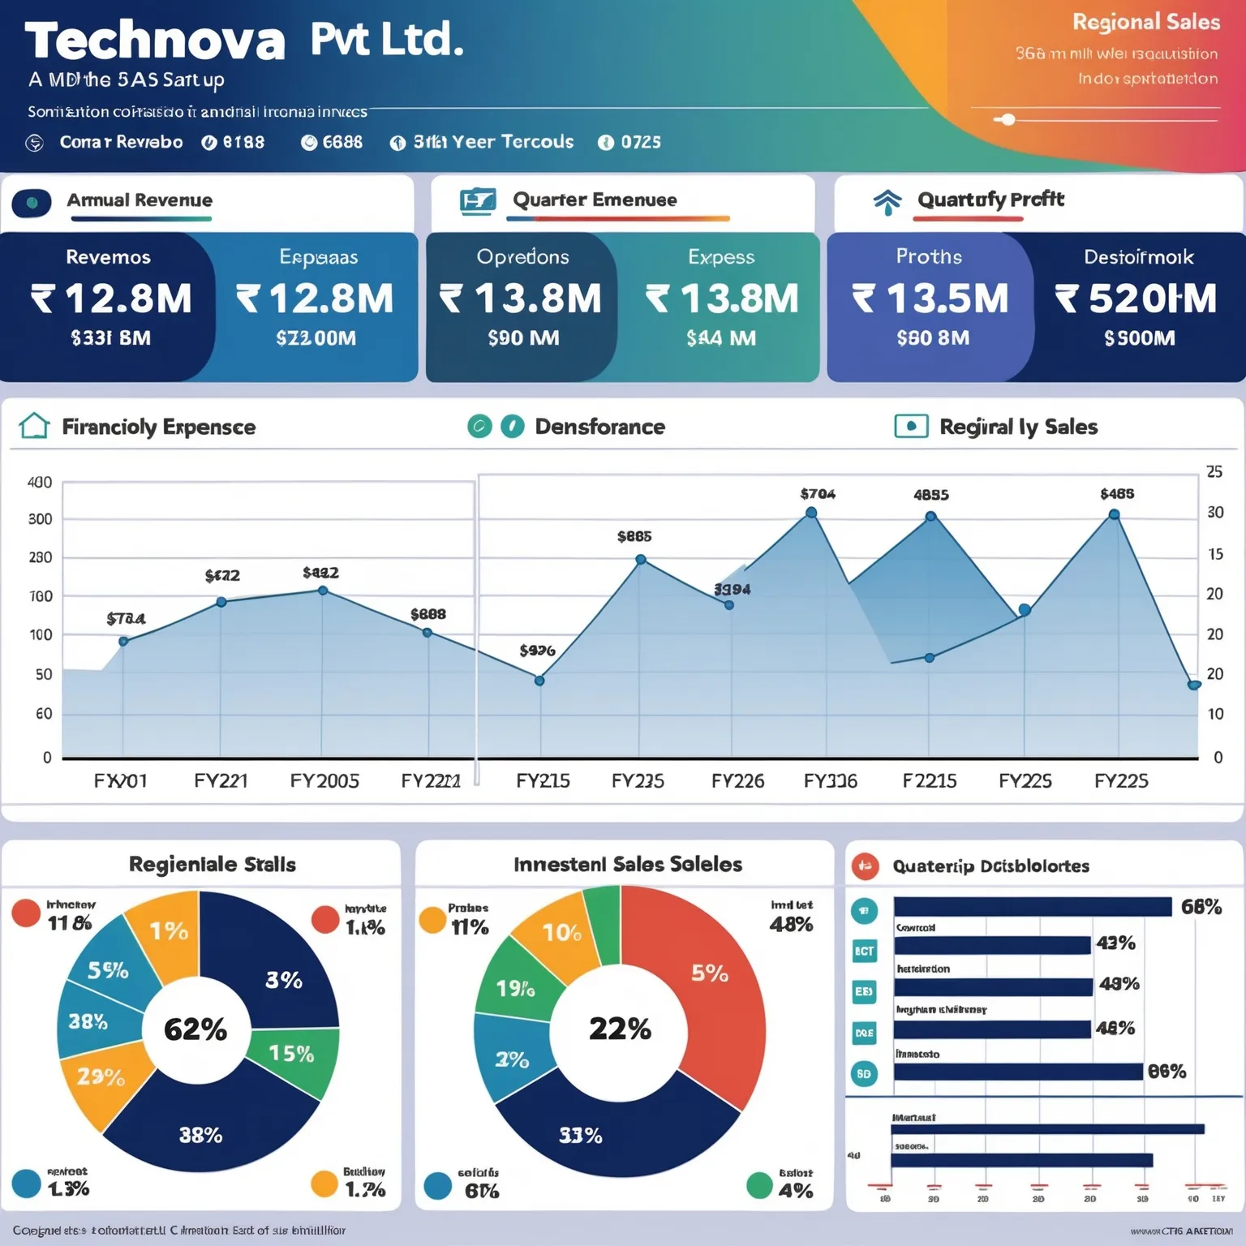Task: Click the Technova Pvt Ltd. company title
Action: pyautogui.click(x=243, y=41)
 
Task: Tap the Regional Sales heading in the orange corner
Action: pyautogui.click(x=1145, y=22)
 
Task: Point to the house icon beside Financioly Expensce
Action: pyautogui.click(x=34, y=426)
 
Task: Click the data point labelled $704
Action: pyautogui.click(x=811, y=513)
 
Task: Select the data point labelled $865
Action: pyautogui.click(x=641, y=560)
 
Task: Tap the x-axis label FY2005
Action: pyautogui.click(x=324, y=780)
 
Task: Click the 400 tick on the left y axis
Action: pyautogui.click(x=40, y=483)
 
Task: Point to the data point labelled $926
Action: pyautogui.click(x=539, y=681)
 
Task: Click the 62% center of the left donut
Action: pyautogui.click(x=195, y=1029)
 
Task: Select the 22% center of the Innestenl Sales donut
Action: pyautogui.click(x=620, y=1029)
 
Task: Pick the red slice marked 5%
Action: pyautogui.click(x=710, y=973)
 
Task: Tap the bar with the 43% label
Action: pyautogui.click(x=991, y=945)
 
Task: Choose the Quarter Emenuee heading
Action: pyautogui.click(x=595, y=200)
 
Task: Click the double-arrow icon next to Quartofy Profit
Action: pyautogui.click(x=887, y=201)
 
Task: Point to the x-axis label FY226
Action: pyautogui.click(x=737, y=780)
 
